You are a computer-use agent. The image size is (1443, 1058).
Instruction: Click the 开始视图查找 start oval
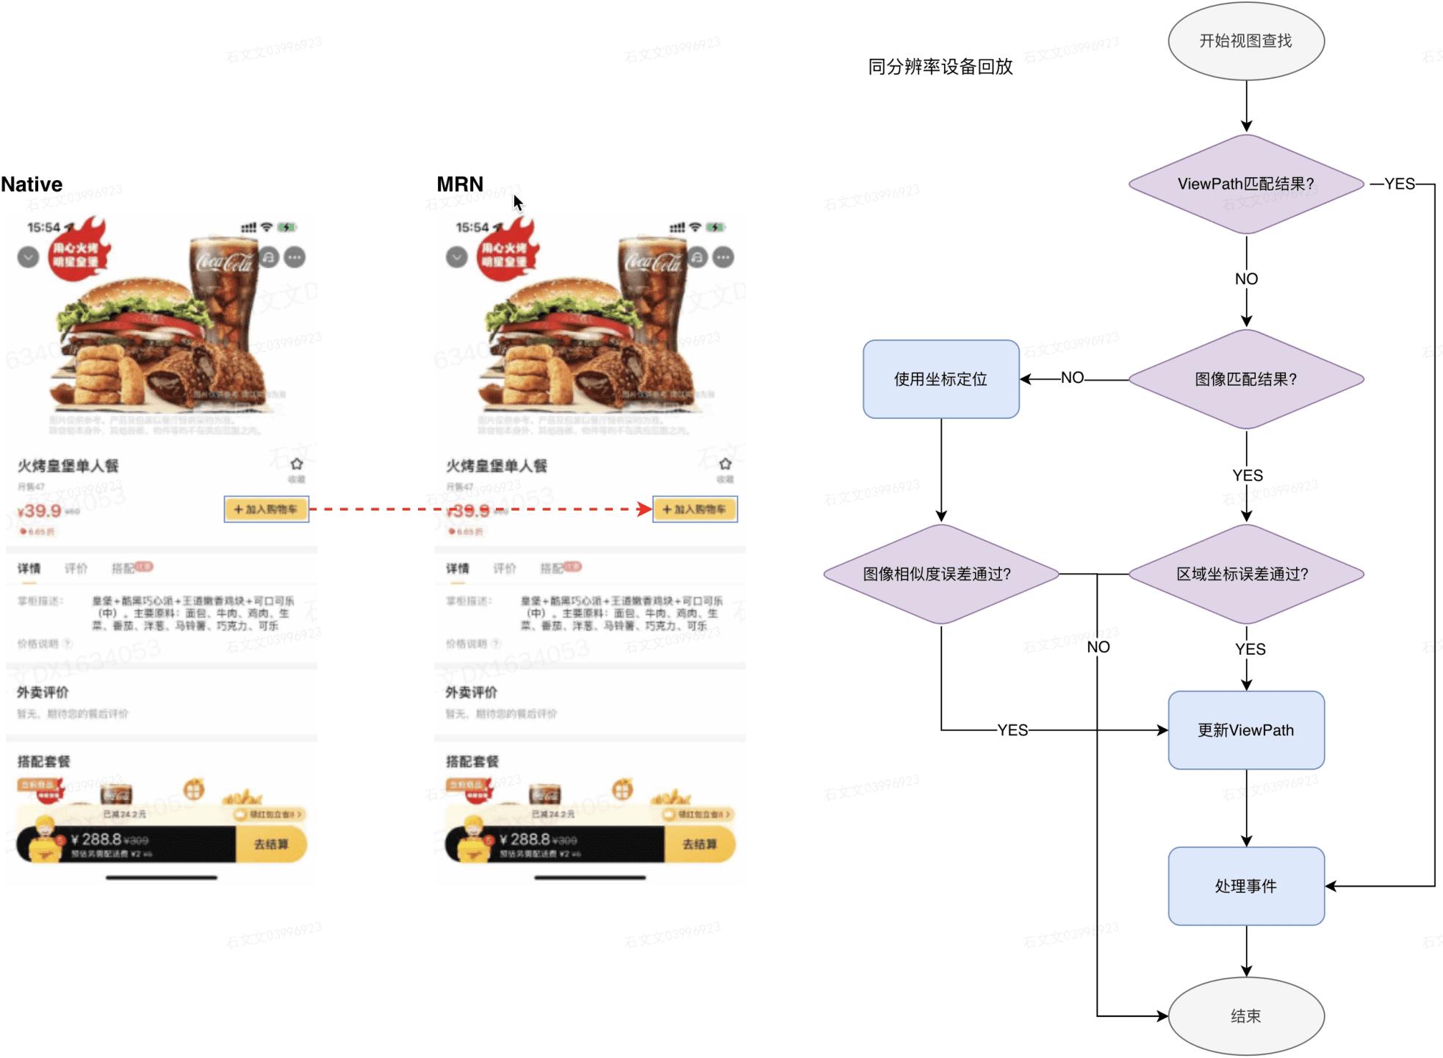[x=1245, y=41]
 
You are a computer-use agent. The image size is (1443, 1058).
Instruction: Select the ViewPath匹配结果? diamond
[x=1245, y=184]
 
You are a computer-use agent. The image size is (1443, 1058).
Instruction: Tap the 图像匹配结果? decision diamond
[x=1245, y=379]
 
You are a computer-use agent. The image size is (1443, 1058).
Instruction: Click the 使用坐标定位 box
[x=940, y=379]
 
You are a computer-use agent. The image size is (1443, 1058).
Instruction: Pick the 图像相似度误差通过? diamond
[x=940, y=574]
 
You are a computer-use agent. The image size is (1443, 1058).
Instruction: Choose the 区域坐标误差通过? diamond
[x=1245, y=574]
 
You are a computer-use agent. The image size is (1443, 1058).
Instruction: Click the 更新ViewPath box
[x=1245, y=730]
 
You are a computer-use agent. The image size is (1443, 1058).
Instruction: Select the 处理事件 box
[x=1245, y=886]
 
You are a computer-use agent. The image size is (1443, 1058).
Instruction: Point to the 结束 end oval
[x=1245, y=1016]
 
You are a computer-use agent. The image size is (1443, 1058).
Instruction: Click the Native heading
[x=32, y=184]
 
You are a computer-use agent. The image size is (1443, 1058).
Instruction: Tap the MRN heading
[x=460, y=184]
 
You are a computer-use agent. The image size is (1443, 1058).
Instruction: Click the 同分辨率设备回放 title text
[x=940, y=67]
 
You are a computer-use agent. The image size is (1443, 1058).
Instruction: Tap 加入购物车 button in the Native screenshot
[x=266, y=509]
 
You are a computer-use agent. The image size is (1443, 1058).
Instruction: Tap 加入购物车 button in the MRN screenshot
[x=694, y=509]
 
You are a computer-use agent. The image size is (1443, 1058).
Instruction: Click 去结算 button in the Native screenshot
[x=270, y=844]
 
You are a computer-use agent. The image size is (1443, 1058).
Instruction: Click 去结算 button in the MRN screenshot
[x=699, y=844]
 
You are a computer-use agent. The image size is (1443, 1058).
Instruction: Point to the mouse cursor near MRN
[x=517, y=202]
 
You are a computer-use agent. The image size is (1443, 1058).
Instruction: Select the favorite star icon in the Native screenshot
[x=296, y=464]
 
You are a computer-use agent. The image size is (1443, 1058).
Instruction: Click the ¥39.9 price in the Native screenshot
[x=40, y=511]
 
